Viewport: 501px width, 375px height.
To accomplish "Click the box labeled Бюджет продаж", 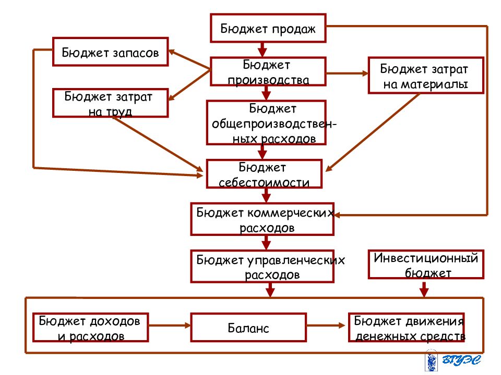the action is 268,28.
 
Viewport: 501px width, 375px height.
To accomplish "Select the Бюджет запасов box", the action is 110,52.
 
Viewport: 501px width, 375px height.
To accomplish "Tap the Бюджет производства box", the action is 268,72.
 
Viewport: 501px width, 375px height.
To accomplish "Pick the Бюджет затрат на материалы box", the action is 426,76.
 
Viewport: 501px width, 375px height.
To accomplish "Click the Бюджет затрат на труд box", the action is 110,103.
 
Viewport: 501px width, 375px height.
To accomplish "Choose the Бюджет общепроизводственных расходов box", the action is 266,123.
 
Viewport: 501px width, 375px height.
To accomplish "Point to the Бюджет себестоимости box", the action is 264,174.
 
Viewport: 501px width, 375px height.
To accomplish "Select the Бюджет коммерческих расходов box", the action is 262,219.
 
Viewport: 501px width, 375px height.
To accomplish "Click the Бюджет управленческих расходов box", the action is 262,266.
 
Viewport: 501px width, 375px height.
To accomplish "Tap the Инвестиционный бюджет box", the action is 426,265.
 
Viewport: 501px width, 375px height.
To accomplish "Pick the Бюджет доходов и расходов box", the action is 90,328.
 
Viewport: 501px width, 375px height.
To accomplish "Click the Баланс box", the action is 248,328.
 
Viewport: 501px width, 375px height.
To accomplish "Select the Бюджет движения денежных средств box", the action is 406,328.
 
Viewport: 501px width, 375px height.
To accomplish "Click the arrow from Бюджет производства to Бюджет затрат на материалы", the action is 347,73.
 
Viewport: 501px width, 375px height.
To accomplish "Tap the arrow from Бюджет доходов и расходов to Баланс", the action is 170,326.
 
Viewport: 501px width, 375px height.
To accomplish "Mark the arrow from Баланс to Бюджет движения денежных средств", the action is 326,326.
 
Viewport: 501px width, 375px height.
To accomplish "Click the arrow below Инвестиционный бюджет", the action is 424,289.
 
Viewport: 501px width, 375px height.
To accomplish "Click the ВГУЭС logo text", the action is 461,360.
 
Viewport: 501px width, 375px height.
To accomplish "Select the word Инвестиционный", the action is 426,258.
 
